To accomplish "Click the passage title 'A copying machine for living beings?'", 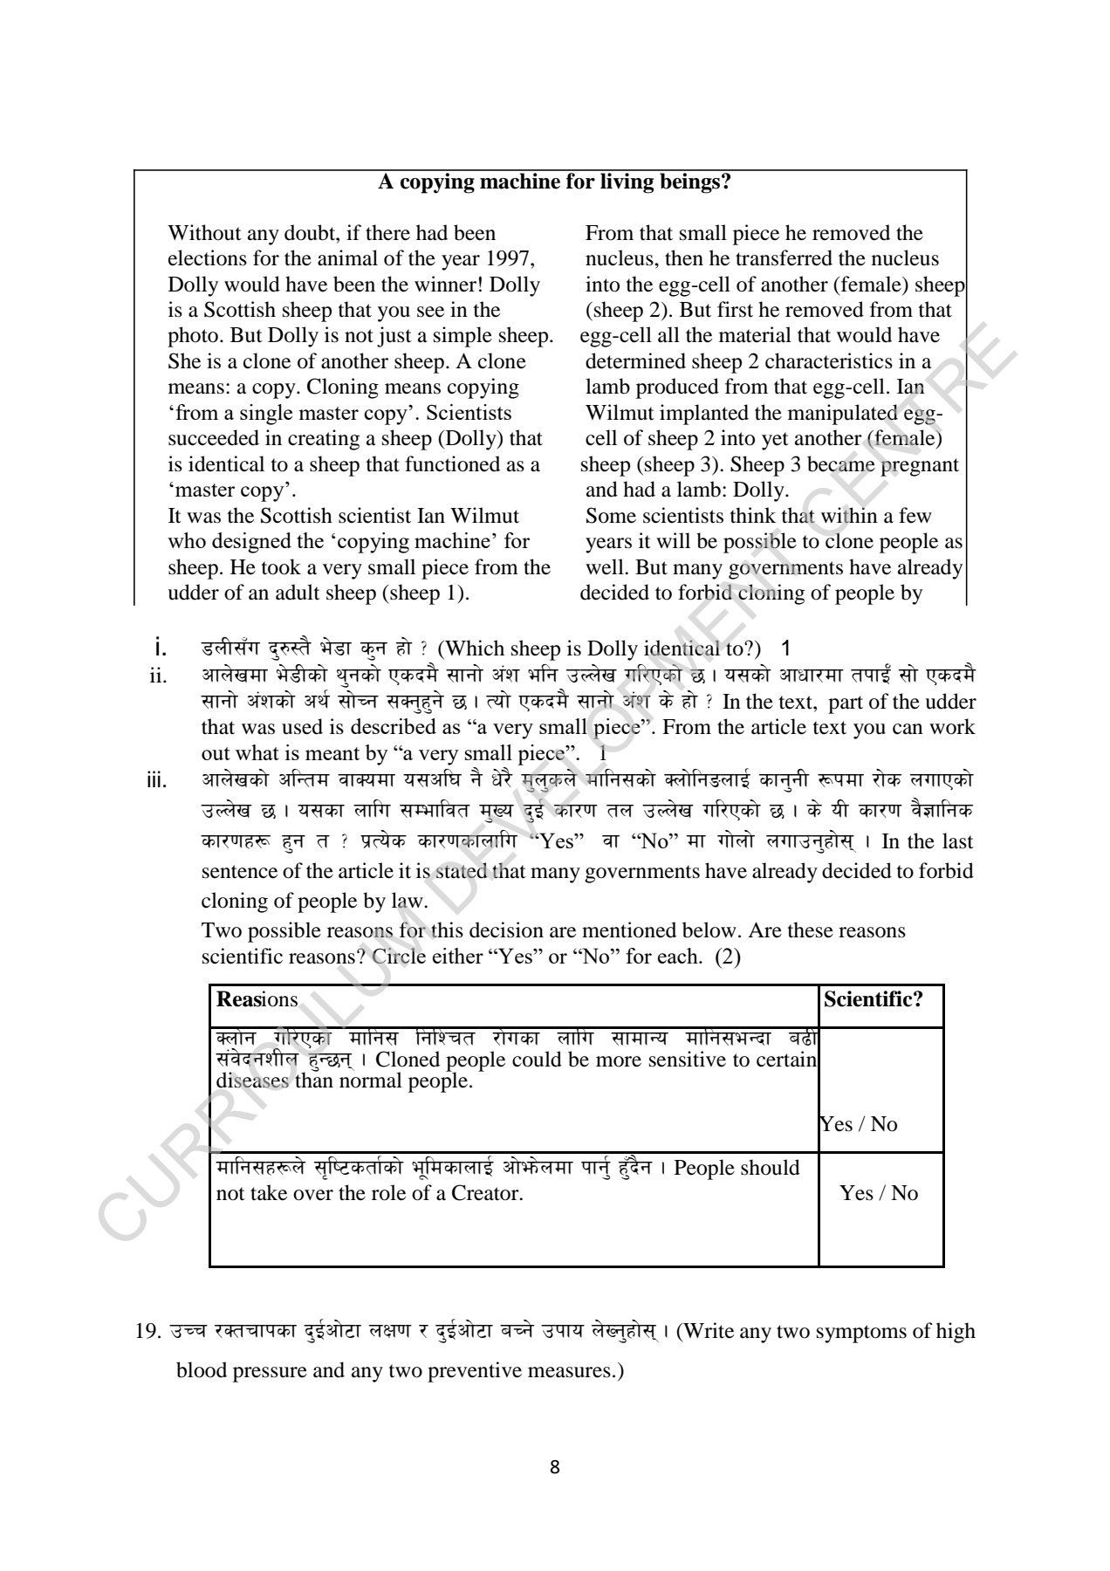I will (x=554, y=182).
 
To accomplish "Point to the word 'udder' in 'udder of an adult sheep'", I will (x=192, y=593).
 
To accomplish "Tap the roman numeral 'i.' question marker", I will (x=160, y=648).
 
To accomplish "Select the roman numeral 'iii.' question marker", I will (x=156, y=780).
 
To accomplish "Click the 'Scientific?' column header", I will (x=873, y=1000).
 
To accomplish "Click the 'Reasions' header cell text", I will (x=257, y=1000).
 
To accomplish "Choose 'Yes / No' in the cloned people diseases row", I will (x=859, y=1124).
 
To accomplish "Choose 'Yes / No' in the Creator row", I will (x=879, y=1193).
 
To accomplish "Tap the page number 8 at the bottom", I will (x=555, y=1467).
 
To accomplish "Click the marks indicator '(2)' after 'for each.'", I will (x=728, y=957).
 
